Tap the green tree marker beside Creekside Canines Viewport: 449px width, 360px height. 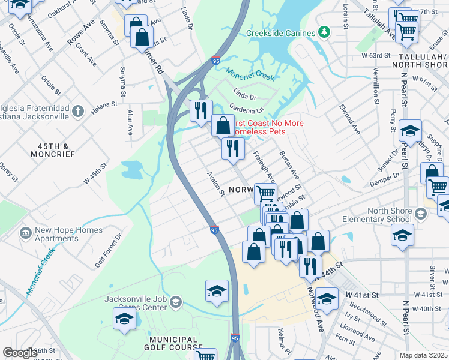pyautogui.click(x=324, y=31)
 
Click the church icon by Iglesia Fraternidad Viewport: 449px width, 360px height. pyautogui.click(x=78, y=110)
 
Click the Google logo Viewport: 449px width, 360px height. pyautogui.click(x=20, y=353)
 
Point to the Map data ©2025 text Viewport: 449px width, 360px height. pyautogui.click(x=423, y=355)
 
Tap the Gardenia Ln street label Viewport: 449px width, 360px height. pyautogui.click(x=247, y=110)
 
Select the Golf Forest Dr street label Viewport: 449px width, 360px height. pyautogui.click(x=108, y=251)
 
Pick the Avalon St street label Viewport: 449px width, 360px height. pyautogui.click(x=215, y=184)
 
